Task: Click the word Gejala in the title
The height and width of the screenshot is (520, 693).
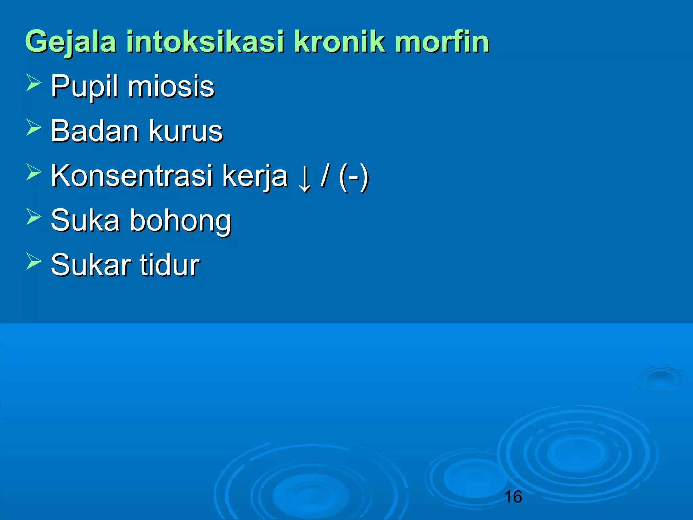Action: pos(71,42)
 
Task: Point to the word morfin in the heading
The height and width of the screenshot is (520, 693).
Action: pos(442,42)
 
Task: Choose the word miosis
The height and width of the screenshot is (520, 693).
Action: pos(171,87)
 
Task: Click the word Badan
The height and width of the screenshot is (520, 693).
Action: pos(95,131)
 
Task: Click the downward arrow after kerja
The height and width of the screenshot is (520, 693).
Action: pos(305,179)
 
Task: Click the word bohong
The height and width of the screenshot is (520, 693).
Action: pos(181,221)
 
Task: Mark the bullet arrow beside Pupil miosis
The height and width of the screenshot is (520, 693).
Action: pos(33,83)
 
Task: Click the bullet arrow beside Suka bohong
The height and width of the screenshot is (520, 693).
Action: pos(33,217)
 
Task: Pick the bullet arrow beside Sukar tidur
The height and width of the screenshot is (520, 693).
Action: pos(33,261)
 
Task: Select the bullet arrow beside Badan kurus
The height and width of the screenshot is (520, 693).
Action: pos(33,127)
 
